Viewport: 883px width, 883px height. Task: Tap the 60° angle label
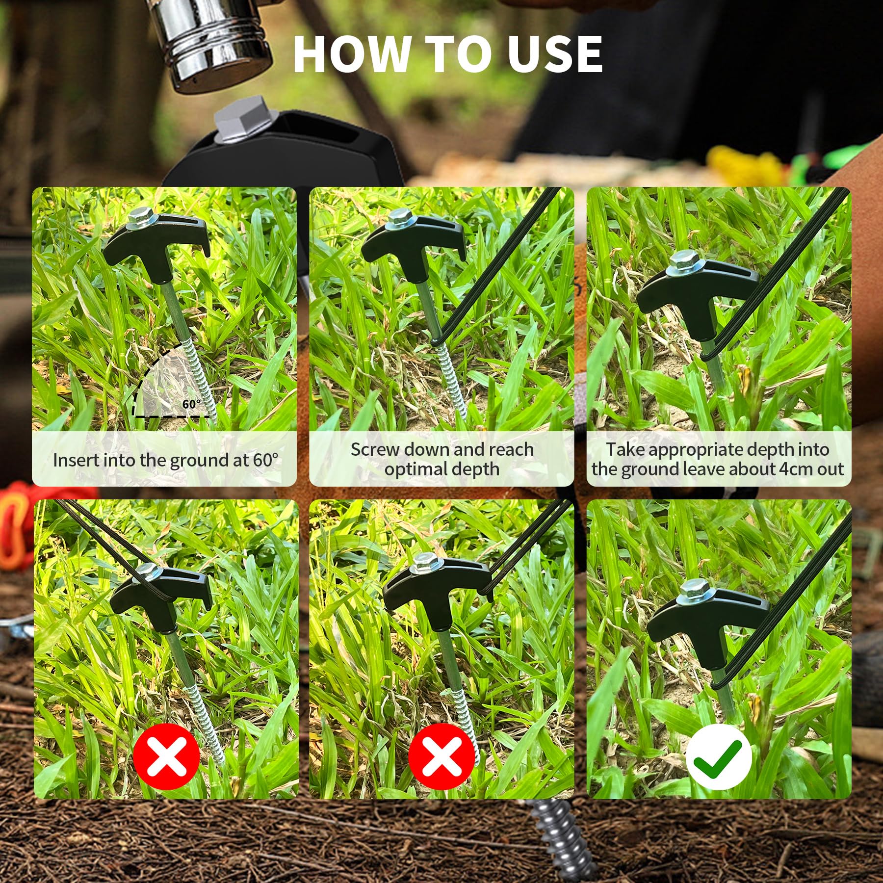[x=191, y=404]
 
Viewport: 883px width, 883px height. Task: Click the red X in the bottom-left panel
[x=166, y=756]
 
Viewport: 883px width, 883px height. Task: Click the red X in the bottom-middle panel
[x=441, y=756]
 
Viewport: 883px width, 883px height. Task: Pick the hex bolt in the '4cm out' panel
[x=682, y=261]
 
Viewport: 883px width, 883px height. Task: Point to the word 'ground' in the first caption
[x=194, y=461]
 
